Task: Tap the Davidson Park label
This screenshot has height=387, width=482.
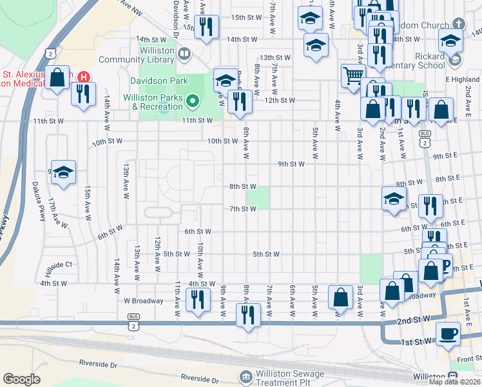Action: click(159, 81)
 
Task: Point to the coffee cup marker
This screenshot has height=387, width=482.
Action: click(448, 333)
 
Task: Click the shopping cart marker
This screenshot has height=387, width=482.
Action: click(353, 75)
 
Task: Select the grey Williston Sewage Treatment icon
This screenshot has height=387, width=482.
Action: click(245, 376)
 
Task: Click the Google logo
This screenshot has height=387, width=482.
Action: click(21, 379)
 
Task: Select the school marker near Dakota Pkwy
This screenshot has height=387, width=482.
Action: click(63, 172)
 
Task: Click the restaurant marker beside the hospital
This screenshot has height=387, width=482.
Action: click(82, 94)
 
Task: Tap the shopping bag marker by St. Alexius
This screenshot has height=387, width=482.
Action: click(57, 77)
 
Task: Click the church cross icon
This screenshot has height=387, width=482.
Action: click(458, 24)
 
